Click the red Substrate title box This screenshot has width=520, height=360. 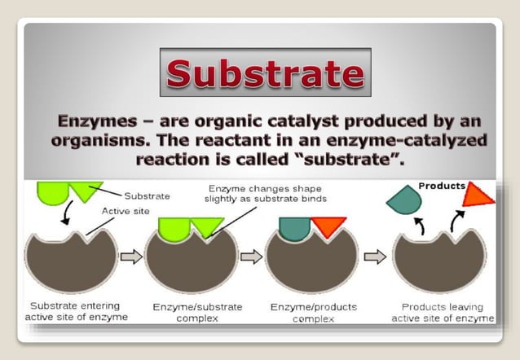(x=265, y=72)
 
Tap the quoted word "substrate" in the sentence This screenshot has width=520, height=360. (x=357, y=160)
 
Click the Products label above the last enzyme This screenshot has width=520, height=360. (x=442, y=186)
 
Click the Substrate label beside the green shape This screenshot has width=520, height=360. (x=147, y=195)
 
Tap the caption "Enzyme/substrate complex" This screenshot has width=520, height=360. (x=191, y=313)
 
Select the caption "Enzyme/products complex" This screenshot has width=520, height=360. (x=311, y=313)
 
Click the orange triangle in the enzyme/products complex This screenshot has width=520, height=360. (x=328, y=226)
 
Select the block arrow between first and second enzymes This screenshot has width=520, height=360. (x=130, y=257)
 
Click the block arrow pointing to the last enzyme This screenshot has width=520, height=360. (x=374, y=257)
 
